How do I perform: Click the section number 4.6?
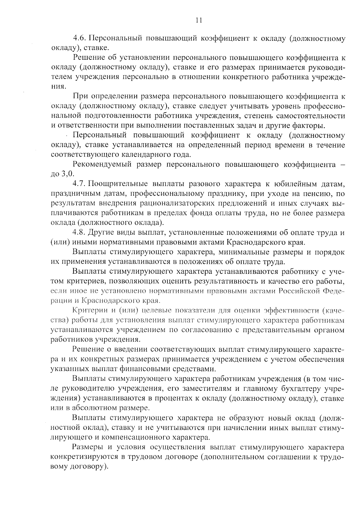(80, 38)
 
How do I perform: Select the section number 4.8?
(80, 232)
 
